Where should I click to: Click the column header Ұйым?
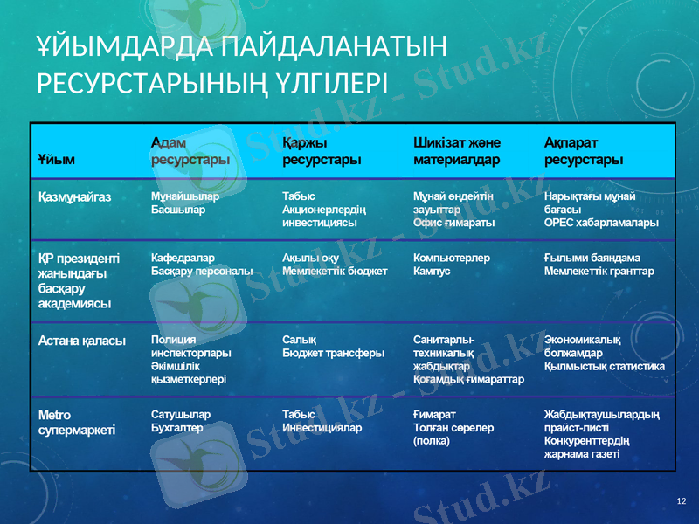tap(57, 161)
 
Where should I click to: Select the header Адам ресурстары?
tap(190, 150)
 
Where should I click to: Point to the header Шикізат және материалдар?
tap(456, 150)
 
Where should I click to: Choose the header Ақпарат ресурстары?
tap(584, 150)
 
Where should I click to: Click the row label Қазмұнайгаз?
tap(75, 198)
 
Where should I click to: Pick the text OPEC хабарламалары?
tap(601, 223)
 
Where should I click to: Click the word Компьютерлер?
tap(451, 259)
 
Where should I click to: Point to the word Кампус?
tap(432, 272)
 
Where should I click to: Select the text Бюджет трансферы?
tap(334, 354)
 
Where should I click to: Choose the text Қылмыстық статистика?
tap(604, 366)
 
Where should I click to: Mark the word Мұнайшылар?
tap(185, 197)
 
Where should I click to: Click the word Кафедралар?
tap(183, 259)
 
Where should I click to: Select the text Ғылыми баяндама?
tap(592, 259)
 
